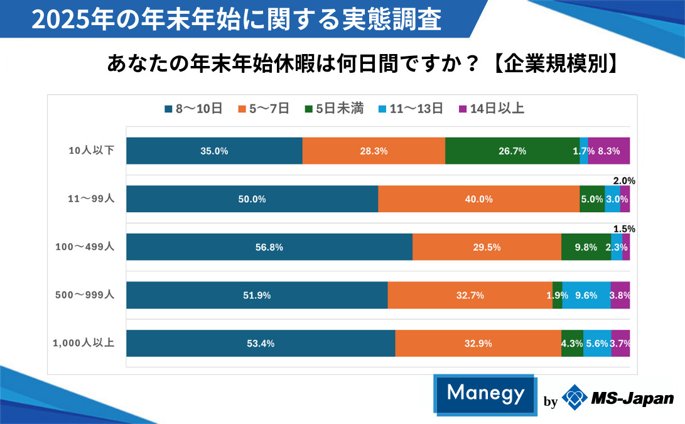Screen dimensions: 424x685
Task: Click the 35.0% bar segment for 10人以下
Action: pos(214,151)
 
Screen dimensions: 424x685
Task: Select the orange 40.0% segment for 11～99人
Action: pos(478,199)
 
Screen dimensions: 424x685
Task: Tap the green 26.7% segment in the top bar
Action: pos(512,151)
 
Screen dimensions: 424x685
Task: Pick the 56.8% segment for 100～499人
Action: pos(269,247)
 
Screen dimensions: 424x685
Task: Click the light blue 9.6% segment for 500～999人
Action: pos(586,295)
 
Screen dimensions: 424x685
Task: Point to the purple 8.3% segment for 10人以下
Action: pos(609,151)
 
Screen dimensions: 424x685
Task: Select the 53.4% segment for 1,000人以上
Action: pos(261,344)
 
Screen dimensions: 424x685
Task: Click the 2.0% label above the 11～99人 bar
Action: pos(624,181)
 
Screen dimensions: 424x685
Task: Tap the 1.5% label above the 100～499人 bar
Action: pos(624,229)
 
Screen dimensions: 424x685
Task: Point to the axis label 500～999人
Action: pos(85,295)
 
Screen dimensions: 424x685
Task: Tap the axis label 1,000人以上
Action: pos(83,343)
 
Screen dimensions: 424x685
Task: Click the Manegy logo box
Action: pos(485,394)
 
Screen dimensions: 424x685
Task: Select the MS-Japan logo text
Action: pos(632,398)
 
